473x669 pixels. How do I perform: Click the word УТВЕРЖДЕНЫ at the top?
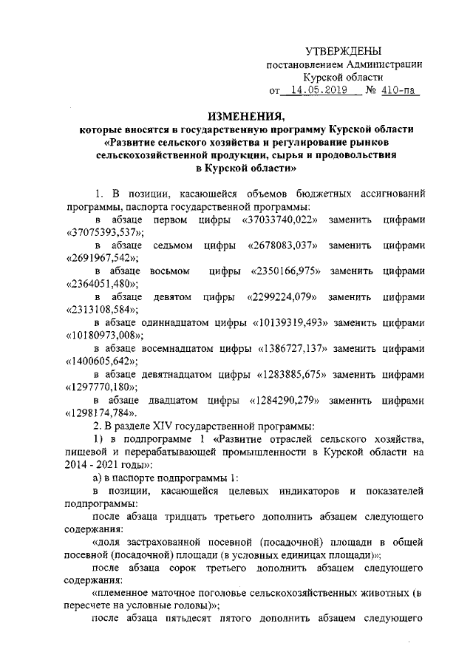coord(344,51)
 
